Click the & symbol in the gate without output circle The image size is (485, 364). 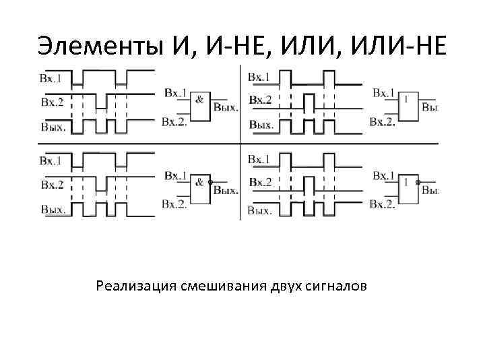[x=199, y=99]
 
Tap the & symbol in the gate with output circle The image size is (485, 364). [x=199, y=181]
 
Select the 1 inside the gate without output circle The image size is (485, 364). [x=406, y=99]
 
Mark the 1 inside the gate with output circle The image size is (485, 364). [x=406, y=181]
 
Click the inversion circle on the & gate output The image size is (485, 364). [x=211, y=183]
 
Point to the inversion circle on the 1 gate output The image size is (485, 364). [x=418, y=183]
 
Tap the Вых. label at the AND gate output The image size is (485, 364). [x=226, y=107]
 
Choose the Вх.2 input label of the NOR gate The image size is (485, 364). [x=383, y=204]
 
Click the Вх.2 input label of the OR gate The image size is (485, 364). [x=383, y=121]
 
